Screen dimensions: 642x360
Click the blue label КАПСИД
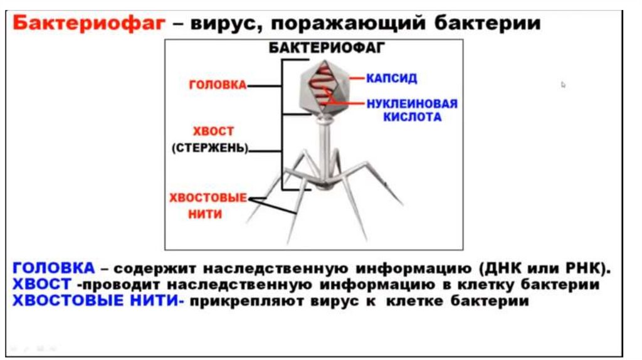click(392, 79)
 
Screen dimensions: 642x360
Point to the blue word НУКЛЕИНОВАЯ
click(412, 104)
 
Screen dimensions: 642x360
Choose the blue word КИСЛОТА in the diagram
click(413, 117)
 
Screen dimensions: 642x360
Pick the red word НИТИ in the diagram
click(206, 214)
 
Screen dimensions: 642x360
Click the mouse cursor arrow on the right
click(564, 85)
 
